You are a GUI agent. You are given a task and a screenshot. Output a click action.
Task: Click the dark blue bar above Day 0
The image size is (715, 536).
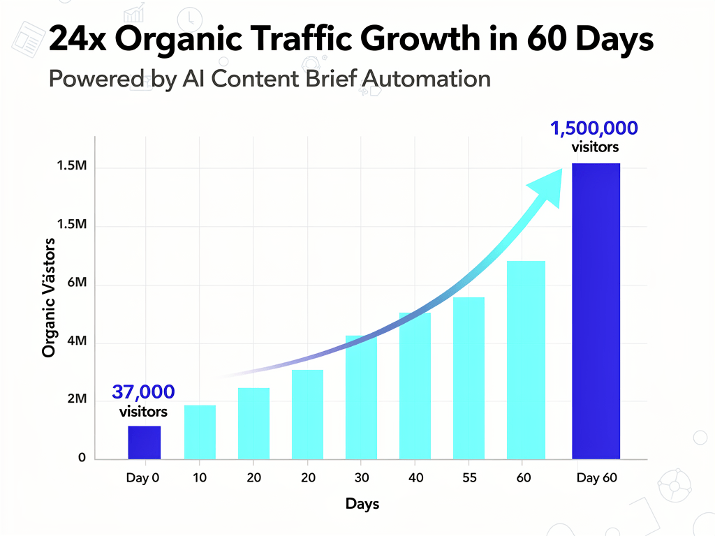click(x=145, y=442)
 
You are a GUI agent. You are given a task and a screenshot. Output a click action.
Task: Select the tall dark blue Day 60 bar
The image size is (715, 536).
click(x=596, y=311)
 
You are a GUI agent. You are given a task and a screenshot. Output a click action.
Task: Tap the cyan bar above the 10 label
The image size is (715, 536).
click(x=200, y=432)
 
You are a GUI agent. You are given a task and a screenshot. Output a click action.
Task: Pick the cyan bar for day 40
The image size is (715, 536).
click(x=415, y=385)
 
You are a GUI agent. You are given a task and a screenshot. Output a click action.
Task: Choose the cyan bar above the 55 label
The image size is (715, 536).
click(x=469, y=378)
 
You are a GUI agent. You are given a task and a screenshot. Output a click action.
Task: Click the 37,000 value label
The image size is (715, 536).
click(x=143, y=392)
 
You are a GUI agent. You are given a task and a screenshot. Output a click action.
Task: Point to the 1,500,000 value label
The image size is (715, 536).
click(x=594, y=128)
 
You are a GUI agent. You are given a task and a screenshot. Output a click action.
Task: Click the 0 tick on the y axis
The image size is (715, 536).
click(x=82, y=458)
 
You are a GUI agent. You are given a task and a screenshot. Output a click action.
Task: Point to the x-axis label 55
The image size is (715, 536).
click(x=469, y=478)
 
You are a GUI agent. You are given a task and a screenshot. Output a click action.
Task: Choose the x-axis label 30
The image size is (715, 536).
click(x=361, y=478)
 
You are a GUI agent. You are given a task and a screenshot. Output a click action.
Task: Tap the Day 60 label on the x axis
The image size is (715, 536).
click(x=596, y=478)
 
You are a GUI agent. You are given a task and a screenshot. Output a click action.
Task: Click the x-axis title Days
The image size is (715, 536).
click(x=362, y=504)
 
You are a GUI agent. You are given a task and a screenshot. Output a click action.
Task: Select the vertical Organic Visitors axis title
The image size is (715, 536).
click(x=48, y=297)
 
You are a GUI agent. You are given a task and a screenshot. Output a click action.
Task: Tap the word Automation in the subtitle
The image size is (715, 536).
click(x=426, y=79)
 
